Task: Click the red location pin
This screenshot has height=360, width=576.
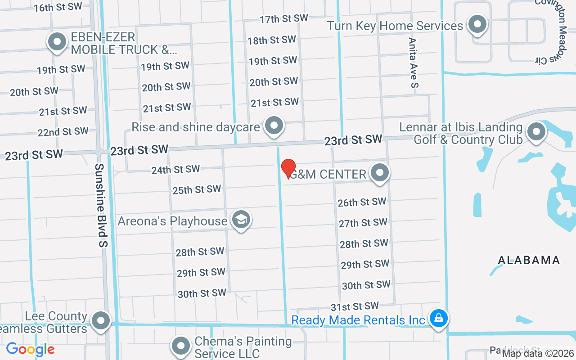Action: (288, 168)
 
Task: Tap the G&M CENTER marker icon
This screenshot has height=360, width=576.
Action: (380, 173)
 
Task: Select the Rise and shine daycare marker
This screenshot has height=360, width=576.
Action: (274, 126)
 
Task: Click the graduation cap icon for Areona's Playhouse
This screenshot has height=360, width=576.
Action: (241, 220)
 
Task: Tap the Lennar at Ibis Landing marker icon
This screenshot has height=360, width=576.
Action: (536, 132)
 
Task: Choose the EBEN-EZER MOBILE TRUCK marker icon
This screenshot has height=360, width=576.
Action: (57, 42)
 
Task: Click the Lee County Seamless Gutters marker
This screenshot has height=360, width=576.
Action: (100, 321)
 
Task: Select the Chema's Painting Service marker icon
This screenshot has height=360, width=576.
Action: (181, 346)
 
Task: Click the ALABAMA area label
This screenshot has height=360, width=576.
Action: (529, 260)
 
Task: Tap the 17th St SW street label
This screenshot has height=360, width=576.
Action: (283, 18)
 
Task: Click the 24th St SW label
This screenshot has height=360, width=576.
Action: (175, 170)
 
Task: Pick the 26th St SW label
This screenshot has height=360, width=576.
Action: (362, 202)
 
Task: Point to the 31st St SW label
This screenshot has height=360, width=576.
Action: (355, 306)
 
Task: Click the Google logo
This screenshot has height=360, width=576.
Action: (30, 349)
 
